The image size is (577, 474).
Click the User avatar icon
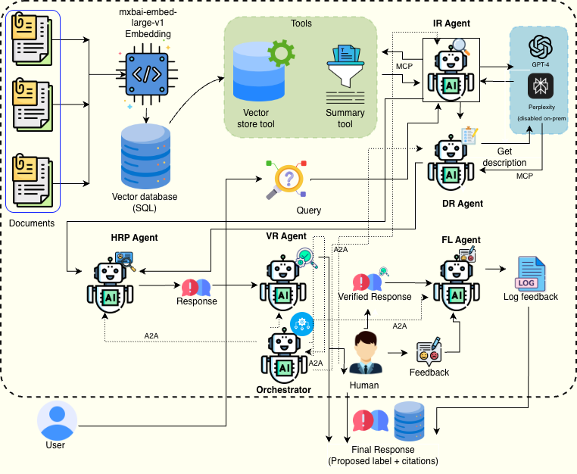pos(58,420)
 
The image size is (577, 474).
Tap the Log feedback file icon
pos(530,273)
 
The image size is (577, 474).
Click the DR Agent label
pos(462,204)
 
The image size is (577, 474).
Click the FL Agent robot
pos(456,281)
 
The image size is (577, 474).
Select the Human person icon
pos(365,354)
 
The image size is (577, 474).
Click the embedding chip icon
pos(144,75)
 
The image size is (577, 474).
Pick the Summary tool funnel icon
pos(345,76)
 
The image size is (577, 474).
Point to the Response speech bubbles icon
pos(196,287)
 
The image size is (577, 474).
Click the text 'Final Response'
pos(383,451)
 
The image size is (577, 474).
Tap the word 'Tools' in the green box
pos(301,23)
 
